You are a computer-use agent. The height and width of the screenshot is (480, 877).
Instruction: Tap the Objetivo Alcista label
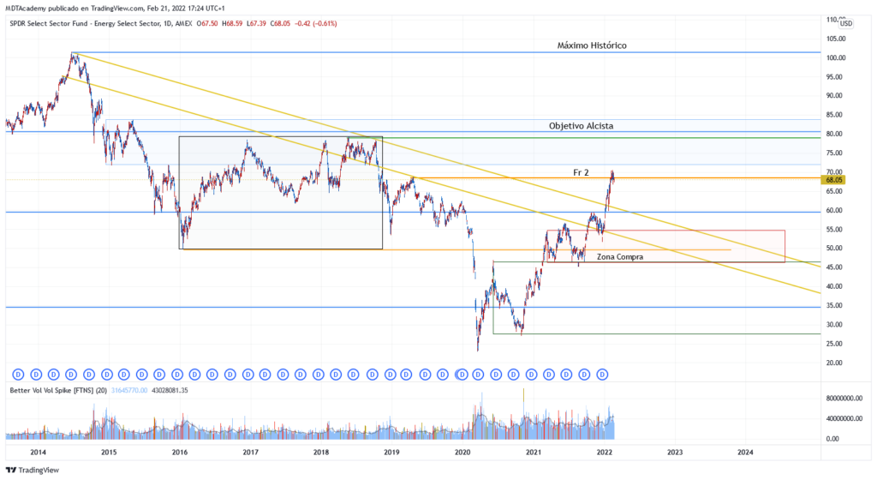[x=581, y=126]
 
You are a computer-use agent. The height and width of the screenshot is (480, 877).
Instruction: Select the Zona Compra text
[x=620, y=256]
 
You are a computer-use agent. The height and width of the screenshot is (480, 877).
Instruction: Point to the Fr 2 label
[x=582, y=172]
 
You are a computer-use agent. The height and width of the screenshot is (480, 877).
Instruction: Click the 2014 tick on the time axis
[x=38, y=452]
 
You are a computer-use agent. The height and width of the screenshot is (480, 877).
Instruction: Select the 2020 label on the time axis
[x=462, y=452]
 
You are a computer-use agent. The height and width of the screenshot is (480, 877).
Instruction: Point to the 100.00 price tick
[x=837, y=58]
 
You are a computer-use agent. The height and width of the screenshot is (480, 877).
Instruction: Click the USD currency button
[x=845, y=24]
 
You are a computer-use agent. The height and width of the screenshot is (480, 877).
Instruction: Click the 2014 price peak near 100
[x=74, y=54]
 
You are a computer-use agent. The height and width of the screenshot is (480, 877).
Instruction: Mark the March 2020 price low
[x=478, y=350]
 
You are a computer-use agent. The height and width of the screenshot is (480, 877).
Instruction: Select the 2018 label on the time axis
[x=321, y=452]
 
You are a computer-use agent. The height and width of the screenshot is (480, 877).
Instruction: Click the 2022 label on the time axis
[x=604, y=452]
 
